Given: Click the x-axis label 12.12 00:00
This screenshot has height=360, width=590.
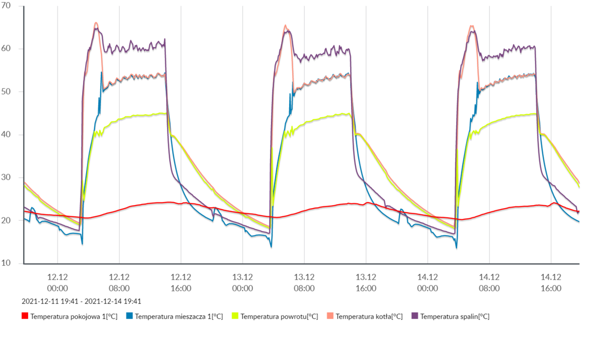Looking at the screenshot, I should click(x=58, y=283).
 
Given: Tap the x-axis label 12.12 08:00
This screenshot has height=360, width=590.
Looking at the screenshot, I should click(x=119, y=283).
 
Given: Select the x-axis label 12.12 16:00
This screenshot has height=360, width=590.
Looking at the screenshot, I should click(x=181, y=283).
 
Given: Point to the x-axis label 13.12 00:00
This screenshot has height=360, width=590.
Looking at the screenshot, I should click(x=242, y=283).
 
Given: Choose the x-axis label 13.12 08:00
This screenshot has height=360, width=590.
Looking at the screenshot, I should click(x=304, y=283).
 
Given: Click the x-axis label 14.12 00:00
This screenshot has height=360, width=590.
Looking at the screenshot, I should click(x=427, y=283).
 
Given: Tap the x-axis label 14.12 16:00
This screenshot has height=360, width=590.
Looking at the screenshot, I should click(x=551, y=283).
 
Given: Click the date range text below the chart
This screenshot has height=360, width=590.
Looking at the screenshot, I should click(x=82, y=301).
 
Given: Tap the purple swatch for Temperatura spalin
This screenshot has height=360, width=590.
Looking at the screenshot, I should click(x=415, y=316).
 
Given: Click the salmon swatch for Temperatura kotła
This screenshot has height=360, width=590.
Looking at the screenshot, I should click(x=330, y=316).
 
